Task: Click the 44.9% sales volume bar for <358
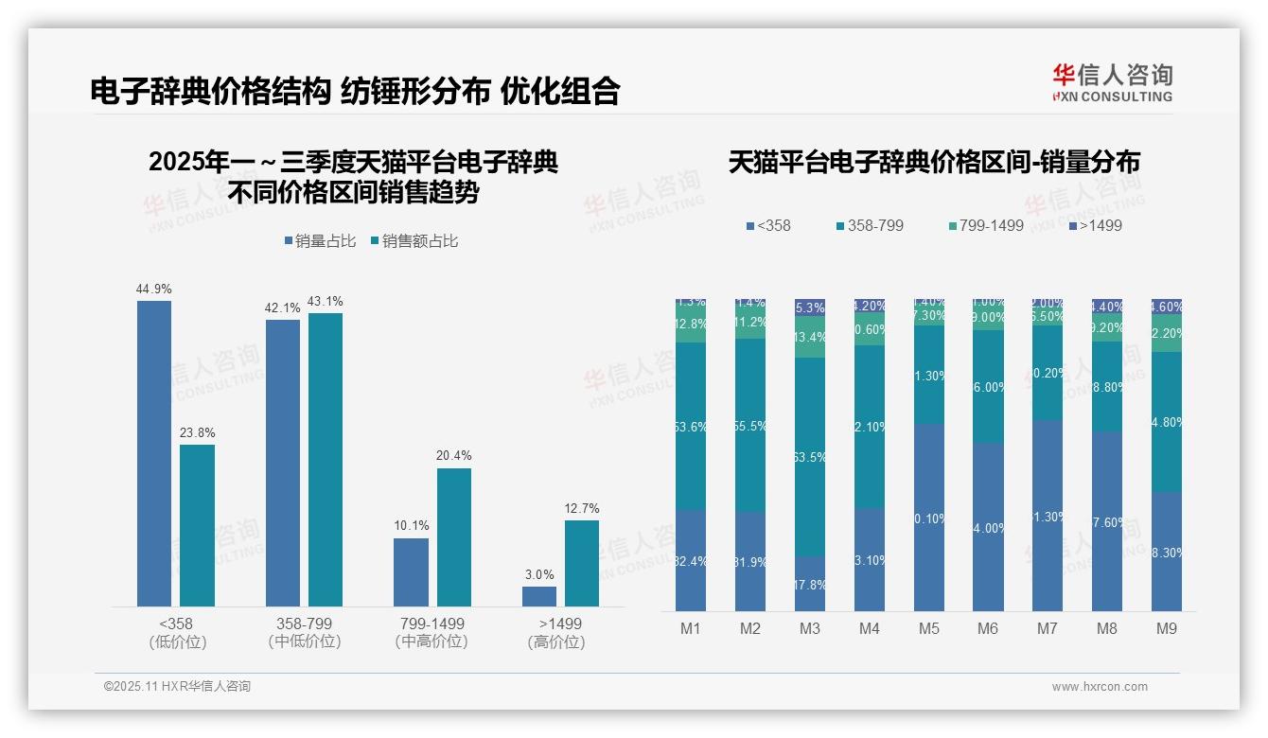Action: [154, 453]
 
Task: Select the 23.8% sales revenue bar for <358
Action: [197, 525]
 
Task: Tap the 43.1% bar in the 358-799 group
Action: [326, 459]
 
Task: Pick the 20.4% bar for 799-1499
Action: [454, 536]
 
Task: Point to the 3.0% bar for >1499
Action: [539, 596]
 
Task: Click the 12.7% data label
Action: [582, 508]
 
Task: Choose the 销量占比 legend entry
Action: [320, 241]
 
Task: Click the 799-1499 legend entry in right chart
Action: [986, 225]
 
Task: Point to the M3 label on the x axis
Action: [810, 629]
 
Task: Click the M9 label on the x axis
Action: [1167, 629]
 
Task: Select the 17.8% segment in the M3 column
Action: [810, 583]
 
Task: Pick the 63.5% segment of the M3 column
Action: [810, 456]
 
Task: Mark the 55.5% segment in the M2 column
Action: [750, 426]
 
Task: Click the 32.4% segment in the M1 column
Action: [691, 561]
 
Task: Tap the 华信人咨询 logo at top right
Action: [1112, 82]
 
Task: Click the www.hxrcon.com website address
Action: [1100, 687]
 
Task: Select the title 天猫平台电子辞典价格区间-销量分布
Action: [934, 162]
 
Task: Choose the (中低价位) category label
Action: [304, 641]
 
